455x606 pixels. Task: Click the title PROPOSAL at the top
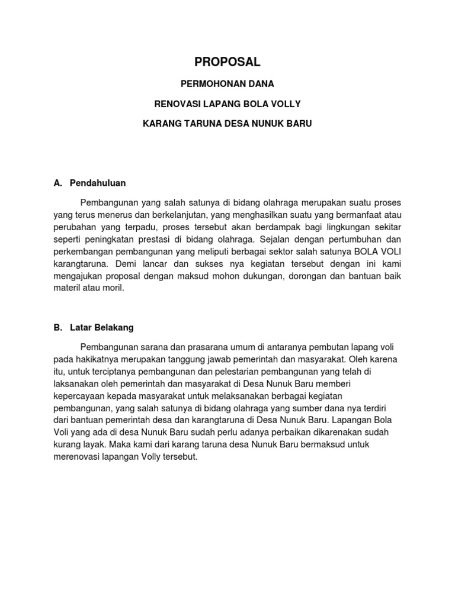tap(227, 62)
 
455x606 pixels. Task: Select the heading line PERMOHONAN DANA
tap(227, 83)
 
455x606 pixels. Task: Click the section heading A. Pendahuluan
tap(89, 183)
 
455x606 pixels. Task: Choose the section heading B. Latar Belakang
tap(94, 327)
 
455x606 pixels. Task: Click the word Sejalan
tap(270, 239)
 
